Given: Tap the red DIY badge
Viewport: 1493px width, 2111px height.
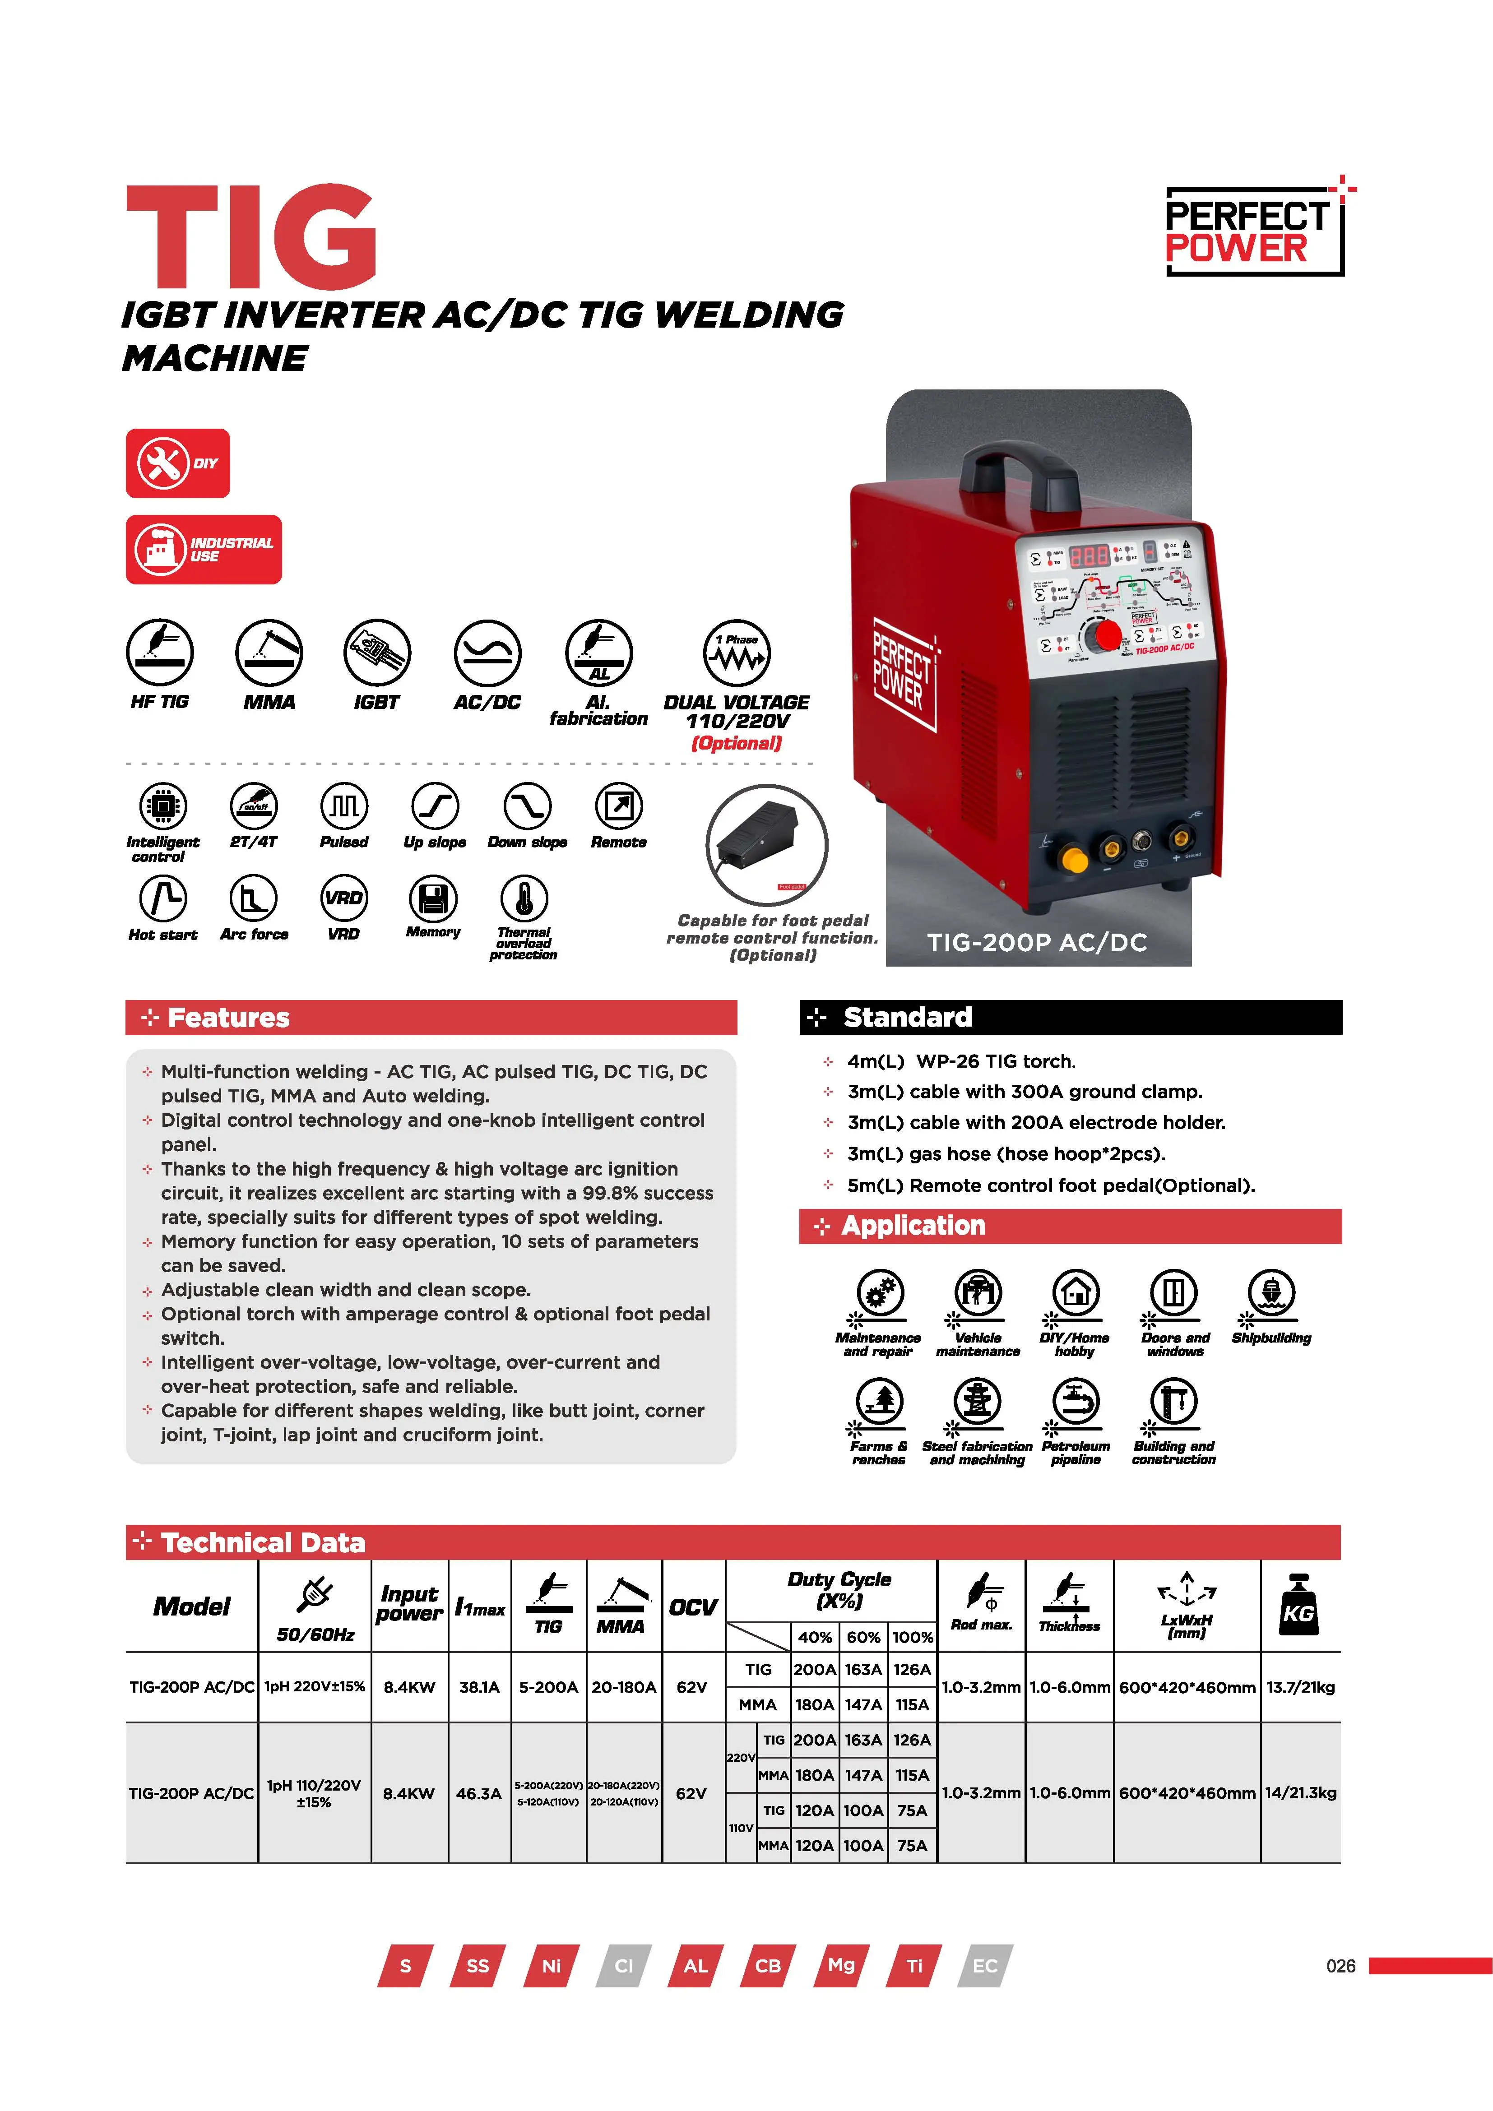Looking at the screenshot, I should tap(177, 463).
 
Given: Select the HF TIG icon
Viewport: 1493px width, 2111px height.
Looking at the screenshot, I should tap(160, 653).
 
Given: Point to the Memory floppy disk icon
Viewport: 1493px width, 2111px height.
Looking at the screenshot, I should tap(433, 898).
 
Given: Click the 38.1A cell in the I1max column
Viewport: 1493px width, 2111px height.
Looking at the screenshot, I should tap(479, 1687).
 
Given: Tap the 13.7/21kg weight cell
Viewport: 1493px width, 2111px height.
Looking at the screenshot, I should tap(1300, 1687).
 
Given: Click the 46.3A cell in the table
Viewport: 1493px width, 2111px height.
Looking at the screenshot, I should tap(479, 1793).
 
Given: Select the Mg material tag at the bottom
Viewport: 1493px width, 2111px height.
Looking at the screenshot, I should tap(840, 1966).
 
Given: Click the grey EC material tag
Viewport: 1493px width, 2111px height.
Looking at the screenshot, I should tap(985, 1966).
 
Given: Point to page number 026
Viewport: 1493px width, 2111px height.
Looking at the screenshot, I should tap(1340, 1966).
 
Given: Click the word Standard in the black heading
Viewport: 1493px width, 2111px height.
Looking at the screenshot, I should tap(907, 1017).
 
